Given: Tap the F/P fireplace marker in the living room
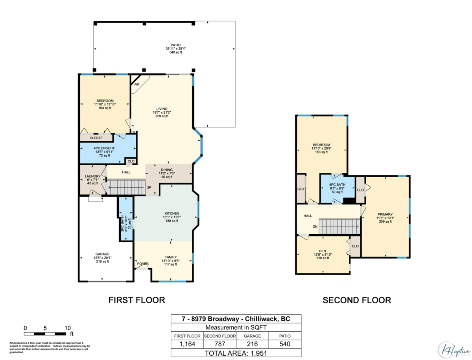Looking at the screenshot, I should click(x=137, y=85).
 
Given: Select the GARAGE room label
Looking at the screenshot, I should click(x=102, y=254).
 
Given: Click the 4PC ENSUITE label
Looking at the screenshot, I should click(x=104, y=148).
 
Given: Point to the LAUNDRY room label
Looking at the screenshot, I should click(x=93, y=177).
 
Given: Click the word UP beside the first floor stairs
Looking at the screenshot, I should click(x=149, y=187).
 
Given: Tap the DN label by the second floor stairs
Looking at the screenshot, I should click(x=315, y=227).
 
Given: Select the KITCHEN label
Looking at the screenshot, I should click(x=172, y=214).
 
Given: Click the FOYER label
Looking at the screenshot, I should click(x=142, y=264).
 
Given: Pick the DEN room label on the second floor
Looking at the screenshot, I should click(x=322, y=251).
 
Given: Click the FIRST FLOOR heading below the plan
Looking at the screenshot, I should click(x=136, y=300).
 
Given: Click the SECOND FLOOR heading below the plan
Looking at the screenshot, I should click(x=357, y=301).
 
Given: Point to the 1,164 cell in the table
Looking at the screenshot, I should click(x=187, y=344).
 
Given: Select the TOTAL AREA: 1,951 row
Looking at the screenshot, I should click(x=236, y=353).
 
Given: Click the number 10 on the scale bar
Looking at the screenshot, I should click(x=67, y=328).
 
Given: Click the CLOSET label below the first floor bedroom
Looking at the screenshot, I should click(x=96, y=138).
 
